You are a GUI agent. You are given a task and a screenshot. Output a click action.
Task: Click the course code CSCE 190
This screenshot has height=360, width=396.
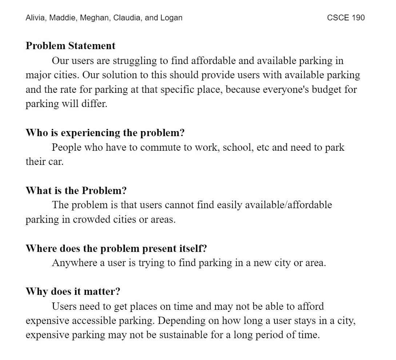(x=345, y=17)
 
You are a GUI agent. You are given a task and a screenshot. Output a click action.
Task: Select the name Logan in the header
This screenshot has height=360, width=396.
(x=171, y=17)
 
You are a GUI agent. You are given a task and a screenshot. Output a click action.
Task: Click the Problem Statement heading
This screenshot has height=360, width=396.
(x=71, y=46)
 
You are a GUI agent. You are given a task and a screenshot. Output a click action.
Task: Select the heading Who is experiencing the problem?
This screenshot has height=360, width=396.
(x=105, y=133)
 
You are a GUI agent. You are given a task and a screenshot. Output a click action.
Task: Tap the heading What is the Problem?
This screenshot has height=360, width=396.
(x=76, y=191)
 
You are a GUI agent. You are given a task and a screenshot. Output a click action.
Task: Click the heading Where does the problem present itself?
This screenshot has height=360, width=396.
(x=116, y=249)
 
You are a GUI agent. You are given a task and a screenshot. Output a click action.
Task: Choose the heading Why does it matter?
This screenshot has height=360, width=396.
(x=73, y=292)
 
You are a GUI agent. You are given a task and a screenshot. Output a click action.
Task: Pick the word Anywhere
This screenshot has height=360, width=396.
(x=75, y=263)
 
